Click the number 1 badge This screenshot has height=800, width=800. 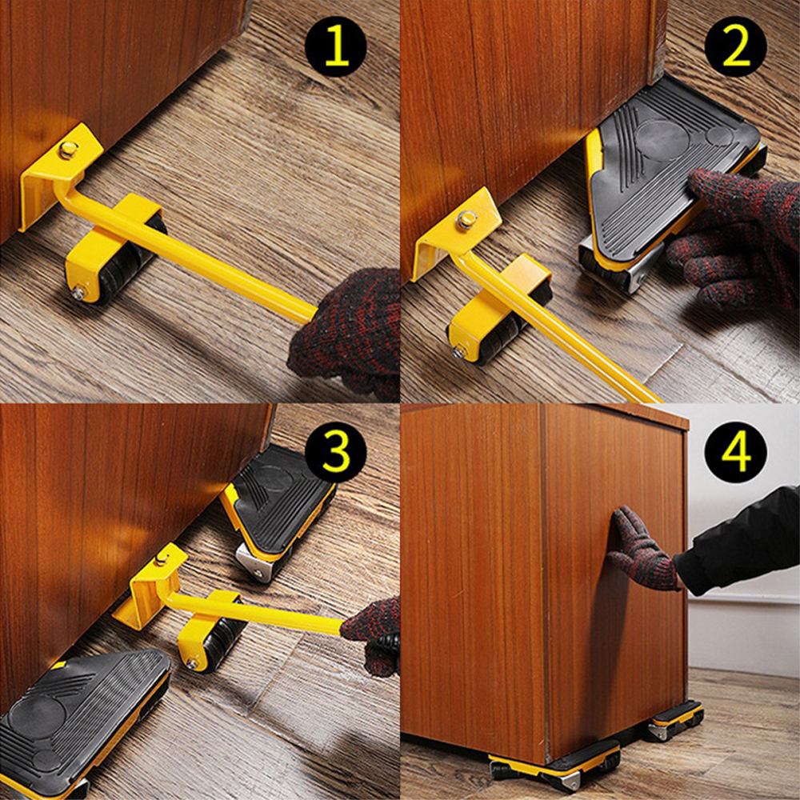pyautogui.click(x=336, y=46)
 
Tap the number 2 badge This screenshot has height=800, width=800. pyautogui.click(x=735, y=46)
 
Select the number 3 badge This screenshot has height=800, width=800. pyautogui.click(x=336, y=449)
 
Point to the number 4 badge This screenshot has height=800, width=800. pyautogui.click(x=735, y=449)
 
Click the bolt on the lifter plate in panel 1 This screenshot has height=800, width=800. pyautogui.click(x=68, y=150)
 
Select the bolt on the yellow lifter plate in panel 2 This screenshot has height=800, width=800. pyautogui.click(x=466, y=219)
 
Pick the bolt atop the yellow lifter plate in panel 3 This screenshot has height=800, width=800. pyautogui.click(x=162, y=560)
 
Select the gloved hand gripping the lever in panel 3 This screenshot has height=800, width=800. pyautogui.click(x=373, y=635)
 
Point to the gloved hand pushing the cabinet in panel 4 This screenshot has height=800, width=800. pyautogui.click(x=644, y=551)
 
